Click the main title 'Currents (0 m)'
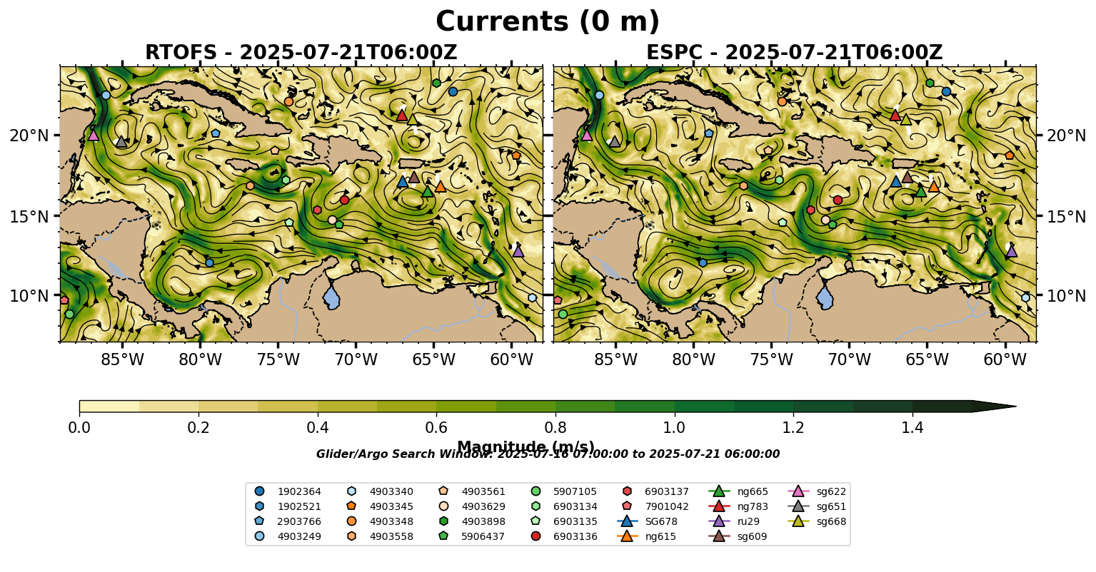[548, 22]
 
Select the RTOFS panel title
[301, 53]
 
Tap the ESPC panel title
[794, 53]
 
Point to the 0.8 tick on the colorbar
[555, 428]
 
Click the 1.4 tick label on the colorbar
[913, 428]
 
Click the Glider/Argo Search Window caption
[548, 454]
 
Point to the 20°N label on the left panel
[29, 136]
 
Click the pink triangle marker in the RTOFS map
[93, 135]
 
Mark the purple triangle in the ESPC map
[1011, 251]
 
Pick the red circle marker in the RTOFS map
[344, 200]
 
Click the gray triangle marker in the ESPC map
[615, 141]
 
